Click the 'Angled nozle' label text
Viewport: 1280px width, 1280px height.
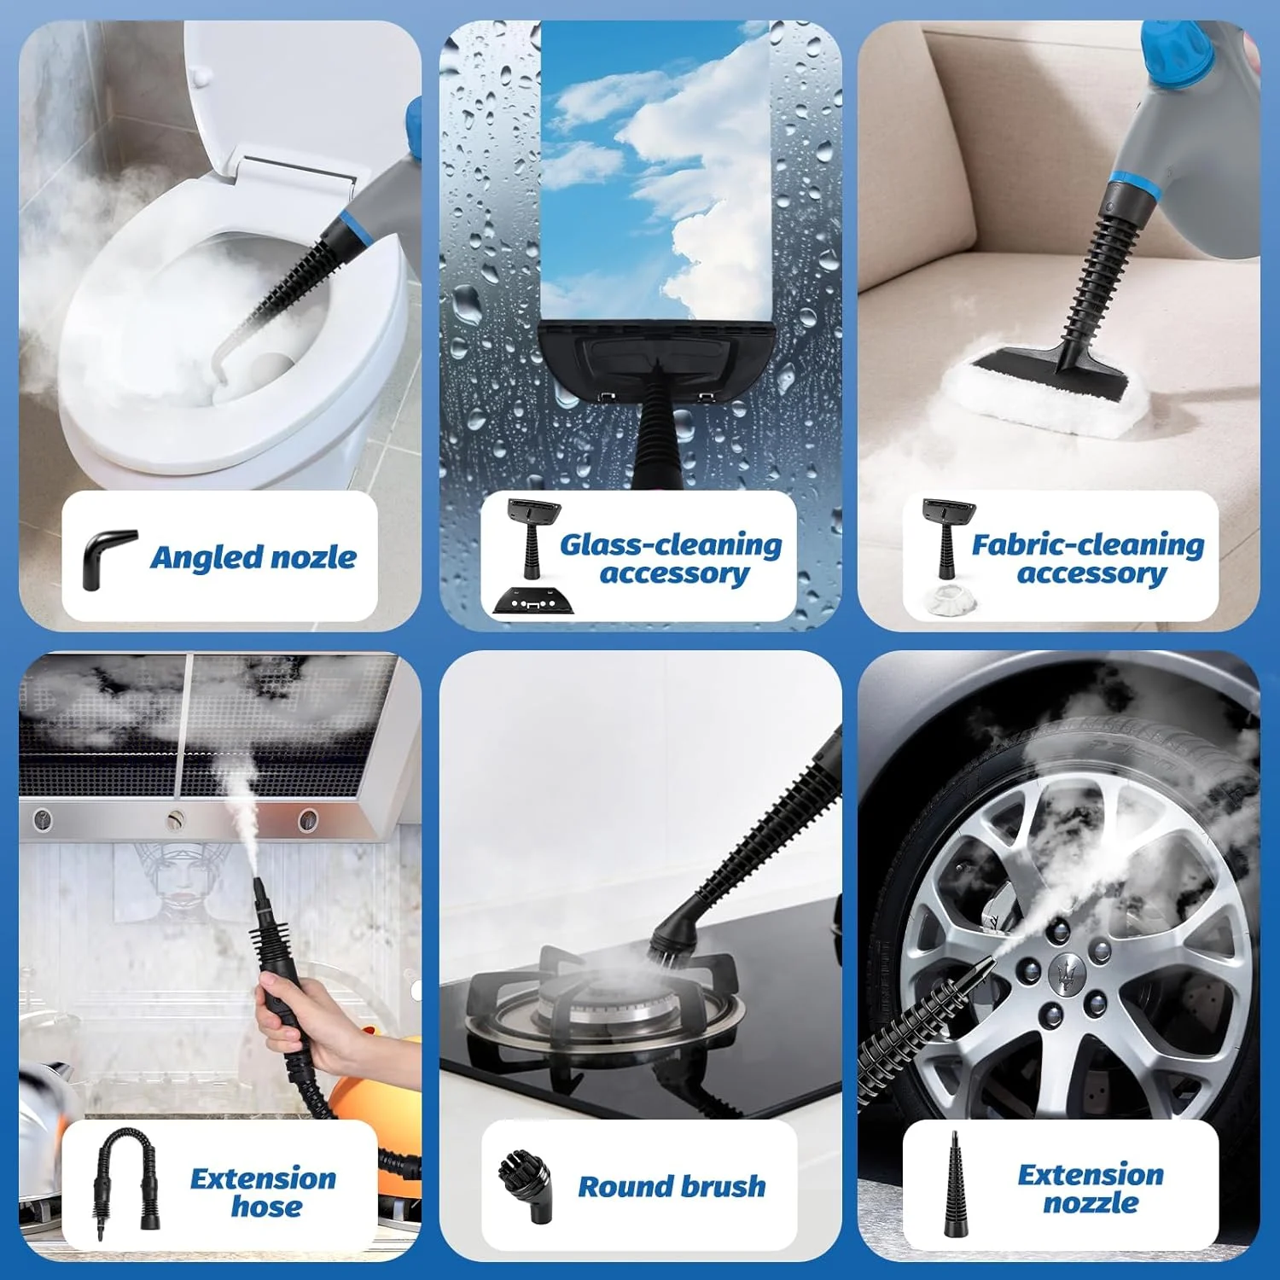(x=253, y=557)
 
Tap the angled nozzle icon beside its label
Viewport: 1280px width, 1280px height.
(x=108, y=559)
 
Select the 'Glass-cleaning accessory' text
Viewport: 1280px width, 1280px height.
(x=671, y=558)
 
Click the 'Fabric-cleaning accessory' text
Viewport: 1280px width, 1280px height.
(x=1088, y=558)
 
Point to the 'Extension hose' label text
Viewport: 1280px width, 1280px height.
(x=264, y=1191)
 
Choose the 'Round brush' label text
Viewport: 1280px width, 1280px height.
(x=672, y=1186)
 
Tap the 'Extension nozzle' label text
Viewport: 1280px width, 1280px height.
(x=1090, y=1188)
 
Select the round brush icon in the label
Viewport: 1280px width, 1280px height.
(x=525, y=1184)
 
